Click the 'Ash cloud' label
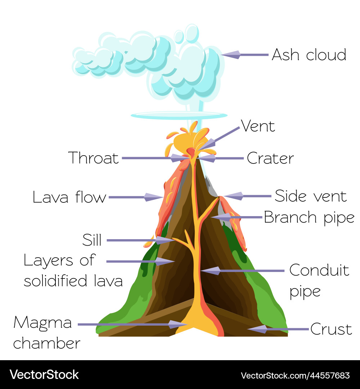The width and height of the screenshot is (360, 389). (x=309, y=55)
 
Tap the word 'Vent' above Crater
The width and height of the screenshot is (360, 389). (x=258, y=126)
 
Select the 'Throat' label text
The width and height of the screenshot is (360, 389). (x=93, y=158)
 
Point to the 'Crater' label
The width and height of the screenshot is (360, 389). (x=270, y=158)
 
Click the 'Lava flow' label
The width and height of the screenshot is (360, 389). (x=69, y=197)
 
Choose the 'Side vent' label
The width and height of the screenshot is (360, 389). (x=310, y=196)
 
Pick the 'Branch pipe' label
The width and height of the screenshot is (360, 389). (x=309, y=217)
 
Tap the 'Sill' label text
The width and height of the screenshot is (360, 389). (x=92, y=240)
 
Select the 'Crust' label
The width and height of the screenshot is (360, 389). (x=331, y=329)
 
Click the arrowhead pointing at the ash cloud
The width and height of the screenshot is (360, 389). (x=230, y=55)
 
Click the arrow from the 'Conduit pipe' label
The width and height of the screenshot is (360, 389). (x=245, y=270)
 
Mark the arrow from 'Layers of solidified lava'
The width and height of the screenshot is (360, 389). (x=140, y=261)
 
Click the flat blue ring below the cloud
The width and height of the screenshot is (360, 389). (x=179, y=116)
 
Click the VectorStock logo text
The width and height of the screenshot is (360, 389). (x=44, y=375)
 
